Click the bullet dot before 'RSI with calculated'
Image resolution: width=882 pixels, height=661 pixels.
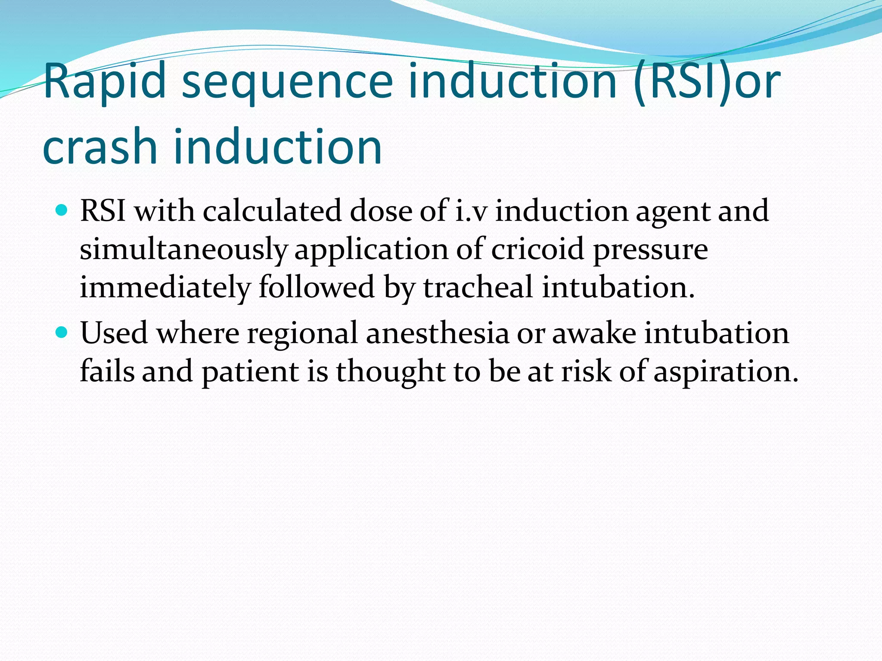point(62,211)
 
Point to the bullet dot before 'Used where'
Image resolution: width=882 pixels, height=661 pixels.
point(62,333)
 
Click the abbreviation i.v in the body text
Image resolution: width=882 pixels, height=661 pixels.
point(471,211)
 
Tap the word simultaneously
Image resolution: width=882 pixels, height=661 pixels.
point(183,250)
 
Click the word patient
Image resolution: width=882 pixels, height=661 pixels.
point(250,372)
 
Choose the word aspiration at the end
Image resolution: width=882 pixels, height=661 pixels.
point(726,372)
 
